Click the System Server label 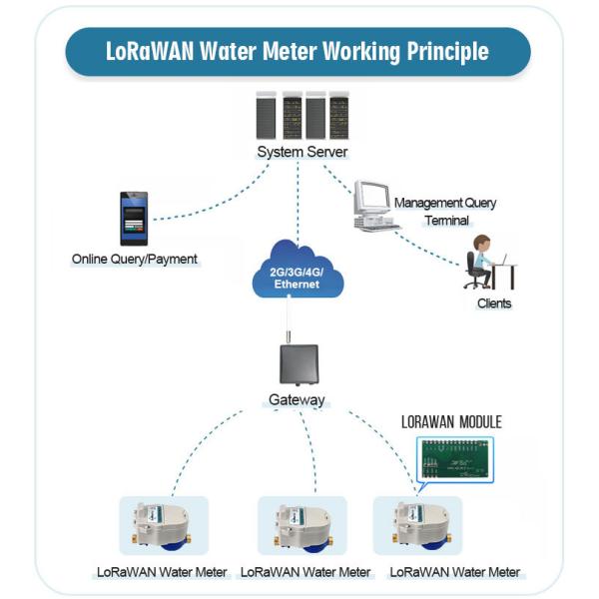301,152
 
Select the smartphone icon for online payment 134,218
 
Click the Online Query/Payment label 135,260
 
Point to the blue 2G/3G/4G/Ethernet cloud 298,272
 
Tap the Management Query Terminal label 444,211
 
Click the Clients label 493,303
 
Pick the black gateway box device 298,365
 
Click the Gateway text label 298,400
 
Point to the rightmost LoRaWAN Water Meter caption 454,572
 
